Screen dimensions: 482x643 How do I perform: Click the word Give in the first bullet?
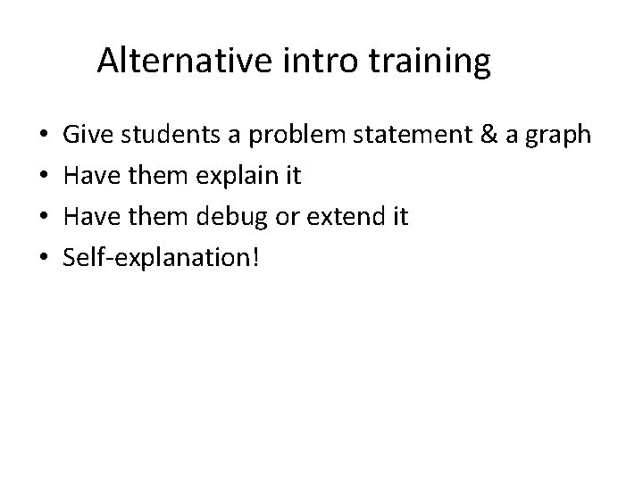coord(87,135)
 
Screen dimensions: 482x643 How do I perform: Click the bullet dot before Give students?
coord(45,136)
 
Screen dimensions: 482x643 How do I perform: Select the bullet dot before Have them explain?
coord(45,177)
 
